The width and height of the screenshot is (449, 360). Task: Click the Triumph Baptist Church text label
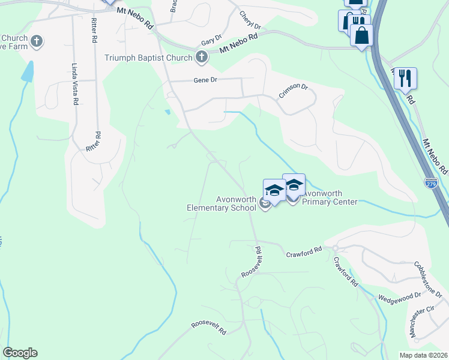coord(148,58)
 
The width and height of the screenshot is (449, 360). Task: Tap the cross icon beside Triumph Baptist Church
coord(201,58)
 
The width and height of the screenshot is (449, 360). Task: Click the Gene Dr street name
coord(204,80)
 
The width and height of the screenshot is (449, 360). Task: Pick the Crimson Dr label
coord(293,91)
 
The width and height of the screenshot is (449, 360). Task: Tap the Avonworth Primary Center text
coord(330,198)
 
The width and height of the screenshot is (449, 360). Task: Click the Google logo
coord(20,353)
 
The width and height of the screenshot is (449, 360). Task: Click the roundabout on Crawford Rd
coord(337,248)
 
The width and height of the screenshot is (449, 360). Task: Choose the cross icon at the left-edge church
coord(37,41)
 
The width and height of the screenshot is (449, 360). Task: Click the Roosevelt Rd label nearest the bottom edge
coord(209,328)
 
